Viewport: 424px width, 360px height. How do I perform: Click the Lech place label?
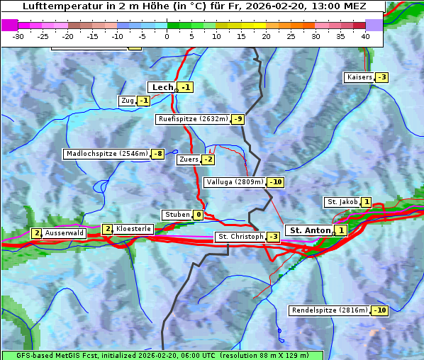tap(162, 87)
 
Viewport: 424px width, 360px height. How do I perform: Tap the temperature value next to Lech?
tap(185, 87)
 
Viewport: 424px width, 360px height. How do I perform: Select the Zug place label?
tap(128, 101)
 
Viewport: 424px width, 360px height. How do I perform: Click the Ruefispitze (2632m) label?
tap(193, 119)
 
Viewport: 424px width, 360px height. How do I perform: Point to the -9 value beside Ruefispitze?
tap(238, 119)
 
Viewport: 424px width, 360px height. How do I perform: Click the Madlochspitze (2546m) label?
tap(106, 154)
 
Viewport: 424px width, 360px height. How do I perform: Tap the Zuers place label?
tap(188, 159)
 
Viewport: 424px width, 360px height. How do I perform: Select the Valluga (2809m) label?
tap(234, 182)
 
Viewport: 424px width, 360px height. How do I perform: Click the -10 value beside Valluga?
tap(275, 182)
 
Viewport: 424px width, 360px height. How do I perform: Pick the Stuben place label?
tap(177, 215)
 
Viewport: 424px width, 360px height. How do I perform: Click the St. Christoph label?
tap(240, 236)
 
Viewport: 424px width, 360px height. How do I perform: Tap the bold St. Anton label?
tap(310, 230)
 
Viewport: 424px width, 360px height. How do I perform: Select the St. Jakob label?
tap(342, 202)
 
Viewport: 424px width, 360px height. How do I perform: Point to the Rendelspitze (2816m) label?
tap(330, 310)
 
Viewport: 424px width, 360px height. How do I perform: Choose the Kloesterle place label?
tap(133, 229)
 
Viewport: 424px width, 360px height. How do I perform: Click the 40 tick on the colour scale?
tap(365, 35)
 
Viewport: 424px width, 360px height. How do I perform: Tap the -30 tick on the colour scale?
tap(18, 35)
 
